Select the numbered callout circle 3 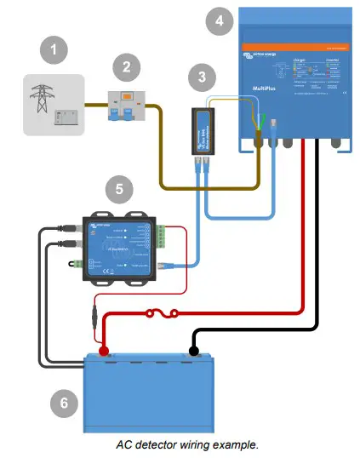(201, 77)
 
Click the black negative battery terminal (194, 351)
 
